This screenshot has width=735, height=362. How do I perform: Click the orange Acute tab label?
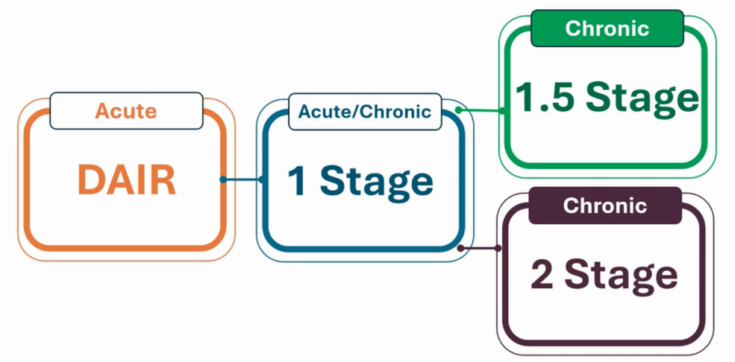126,111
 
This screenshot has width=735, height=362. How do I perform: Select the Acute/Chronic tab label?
364,112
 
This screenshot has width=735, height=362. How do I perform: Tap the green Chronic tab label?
607,29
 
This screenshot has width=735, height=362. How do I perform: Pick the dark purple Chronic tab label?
604,206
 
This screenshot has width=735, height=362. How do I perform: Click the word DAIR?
127,180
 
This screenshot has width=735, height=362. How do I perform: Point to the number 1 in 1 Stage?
298,182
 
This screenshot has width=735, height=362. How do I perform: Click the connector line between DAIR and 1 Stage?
241,180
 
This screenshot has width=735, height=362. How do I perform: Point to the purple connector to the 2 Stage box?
481,248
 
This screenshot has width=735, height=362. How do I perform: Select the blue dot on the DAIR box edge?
222,180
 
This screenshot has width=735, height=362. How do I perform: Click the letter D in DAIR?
90,180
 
